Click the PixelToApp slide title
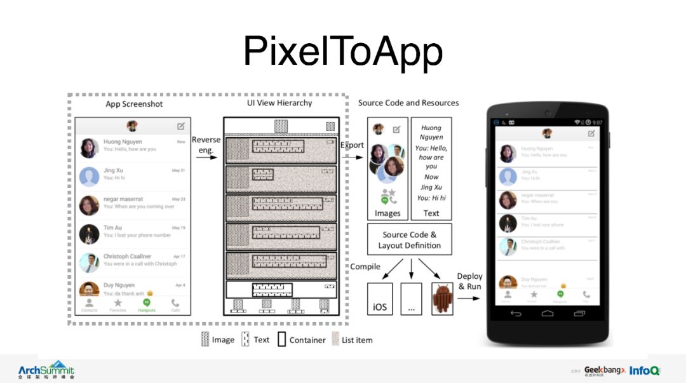tap(342, 52)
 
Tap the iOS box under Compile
tap(380, 299)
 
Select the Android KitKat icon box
tap(443, 299)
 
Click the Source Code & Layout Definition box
tap(409, 239)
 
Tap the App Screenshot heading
tap(134, 104)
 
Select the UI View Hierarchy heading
tap(279, 103)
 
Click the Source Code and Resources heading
tap(408, 103)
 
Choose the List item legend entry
tap(352, 340)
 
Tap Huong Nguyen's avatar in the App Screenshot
tap(89, 147)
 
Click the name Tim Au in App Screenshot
tap(112, 227)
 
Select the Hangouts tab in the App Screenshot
tap(146, 305)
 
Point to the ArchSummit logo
tap(46, 371)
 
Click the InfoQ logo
tap(645, 370)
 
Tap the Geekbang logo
tap(603, 370)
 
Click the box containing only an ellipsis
tap(411, 299)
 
